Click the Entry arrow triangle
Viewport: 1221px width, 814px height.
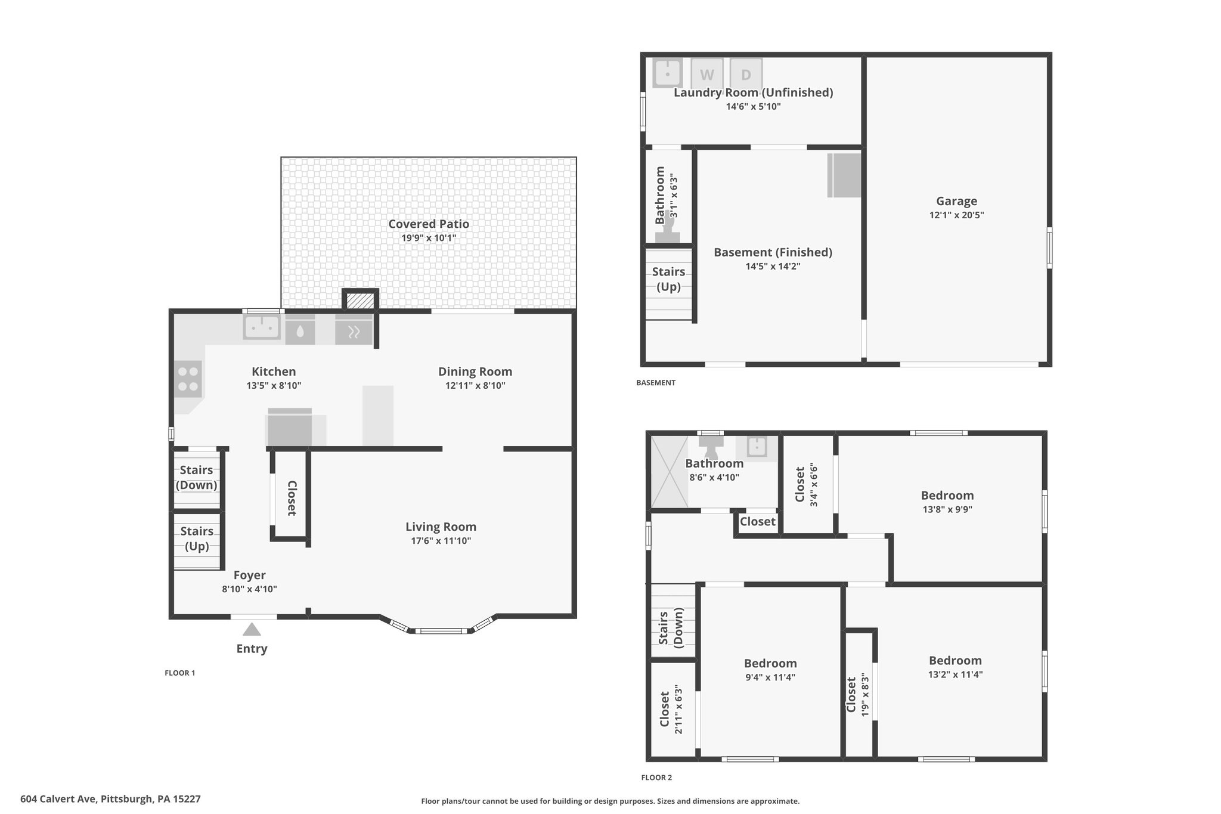point(252,629)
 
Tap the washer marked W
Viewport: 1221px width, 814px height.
point(707,74)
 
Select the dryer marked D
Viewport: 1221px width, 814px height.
point(746,74)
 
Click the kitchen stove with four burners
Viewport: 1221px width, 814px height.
point(188,379)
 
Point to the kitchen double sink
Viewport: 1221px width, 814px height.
point(262,327)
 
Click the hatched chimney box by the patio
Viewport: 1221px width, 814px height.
point(360,301)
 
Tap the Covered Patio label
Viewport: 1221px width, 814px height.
point(429,224)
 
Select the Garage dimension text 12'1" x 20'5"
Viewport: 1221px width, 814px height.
point(956,215)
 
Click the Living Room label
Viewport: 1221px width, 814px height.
point(441,527)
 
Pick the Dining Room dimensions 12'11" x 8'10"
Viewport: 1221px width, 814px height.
point(475,385)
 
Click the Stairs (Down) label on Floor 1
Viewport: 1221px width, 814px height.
point(196,477)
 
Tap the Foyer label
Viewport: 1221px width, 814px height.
point(249,575)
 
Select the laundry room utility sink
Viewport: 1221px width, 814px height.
point(668,73)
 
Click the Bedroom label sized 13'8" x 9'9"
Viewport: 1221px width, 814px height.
point(947,495)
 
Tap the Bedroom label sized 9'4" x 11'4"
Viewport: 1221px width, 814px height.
point(770,663)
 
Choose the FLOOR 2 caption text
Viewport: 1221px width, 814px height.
point(656,778)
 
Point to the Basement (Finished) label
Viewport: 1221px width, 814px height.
point(773,252)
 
